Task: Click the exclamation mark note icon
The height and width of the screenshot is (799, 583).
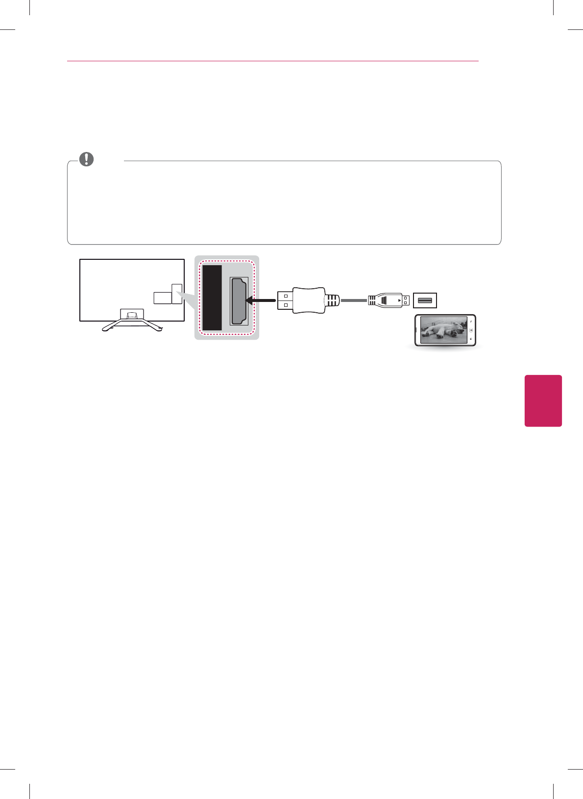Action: coord(86,159)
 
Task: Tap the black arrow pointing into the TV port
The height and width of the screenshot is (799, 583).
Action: coord(260,300)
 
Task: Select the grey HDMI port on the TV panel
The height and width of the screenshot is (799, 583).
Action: coord(239,301)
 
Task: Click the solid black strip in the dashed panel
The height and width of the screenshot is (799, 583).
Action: coord(212,298)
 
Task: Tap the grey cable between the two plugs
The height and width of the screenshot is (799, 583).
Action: coord(354,300)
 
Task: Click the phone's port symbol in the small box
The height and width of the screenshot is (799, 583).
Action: coord(425,300)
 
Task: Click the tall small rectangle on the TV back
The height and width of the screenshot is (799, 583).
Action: coord(177,293)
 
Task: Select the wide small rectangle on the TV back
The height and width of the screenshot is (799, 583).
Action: coord(163,298)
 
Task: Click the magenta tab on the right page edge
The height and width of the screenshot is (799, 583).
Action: coord(543,400)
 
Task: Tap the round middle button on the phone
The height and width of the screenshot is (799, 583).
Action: coord(471,330)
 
